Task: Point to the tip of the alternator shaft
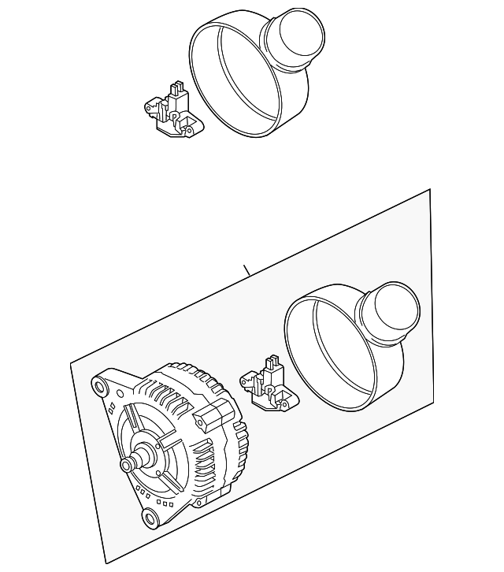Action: tap(125, 466)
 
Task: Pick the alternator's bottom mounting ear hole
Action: tap(148, 517)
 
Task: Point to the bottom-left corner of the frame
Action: tap(104, 564)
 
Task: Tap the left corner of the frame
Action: tap(71, 363)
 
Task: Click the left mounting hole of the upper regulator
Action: tap(147, 105)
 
